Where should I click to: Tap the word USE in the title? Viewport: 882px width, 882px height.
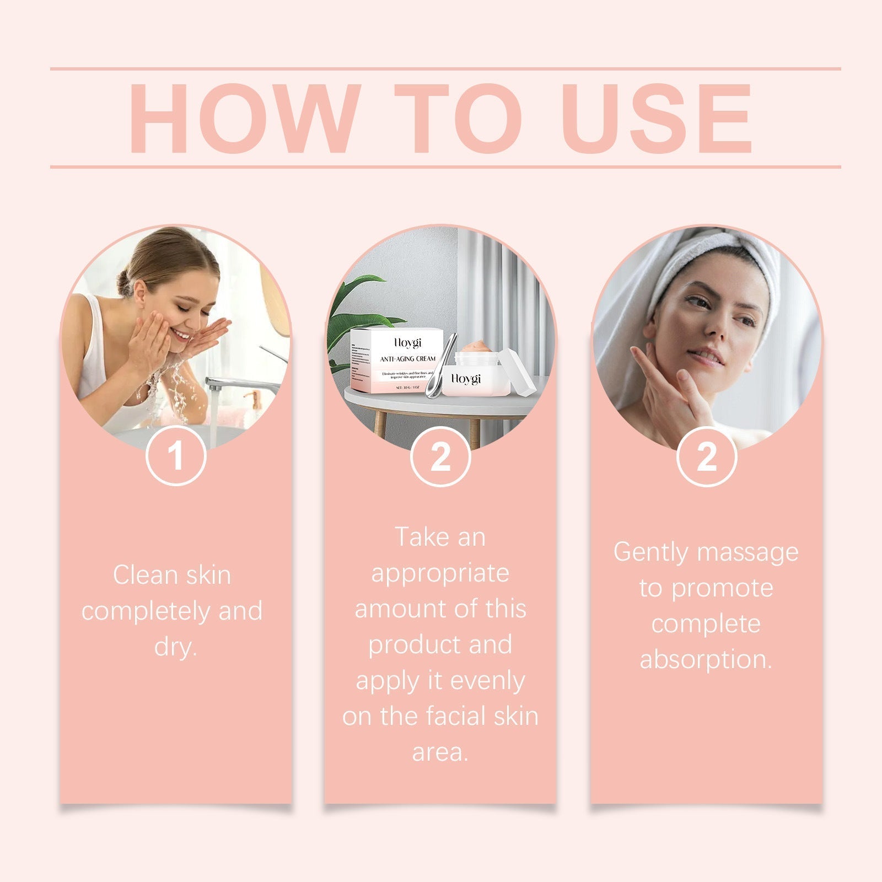(656, 118)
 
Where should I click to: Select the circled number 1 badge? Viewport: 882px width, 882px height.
(176, 456)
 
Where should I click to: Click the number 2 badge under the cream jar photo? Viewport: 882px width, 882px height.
(440, 456)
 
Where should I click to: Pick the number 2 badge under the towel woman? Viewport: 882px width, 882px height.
(706, 456)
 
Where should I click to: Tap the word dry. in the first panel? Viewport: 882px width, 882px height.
(175, 646)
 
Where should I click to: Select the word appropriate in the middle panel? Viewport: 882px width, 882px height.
(440, 573)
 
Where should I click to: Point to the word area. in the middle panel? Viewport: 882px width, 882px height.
(440, 752)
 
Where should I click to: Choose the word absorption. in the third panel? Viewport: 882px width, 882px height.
(706, 659)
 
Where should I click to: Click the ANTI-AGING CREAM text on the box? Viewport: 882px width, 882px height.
(407, 359)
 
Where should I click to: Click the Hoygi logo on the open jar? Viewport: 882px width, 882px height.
(466, 379)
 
